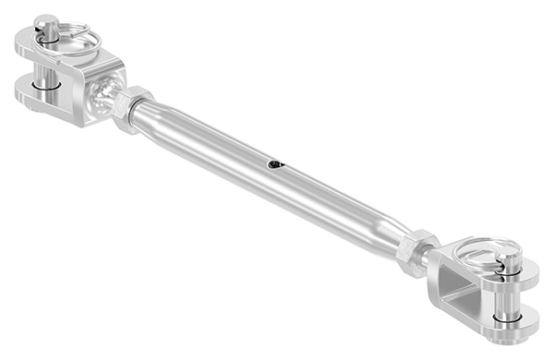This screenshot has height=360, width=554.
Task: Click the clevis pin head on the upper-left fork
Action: pos(49,25)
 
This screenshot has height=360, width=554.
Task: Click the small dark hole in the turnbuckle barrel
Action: pos(275,165)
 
